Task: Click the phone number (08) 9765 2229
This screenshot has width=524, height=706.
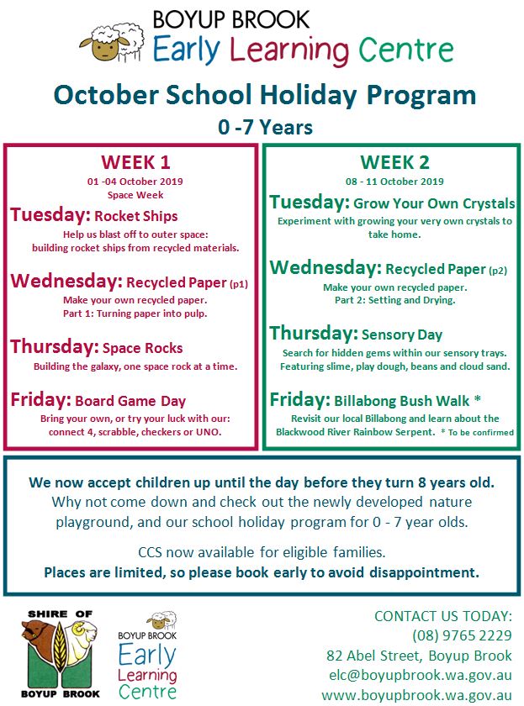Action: tap(462, 635)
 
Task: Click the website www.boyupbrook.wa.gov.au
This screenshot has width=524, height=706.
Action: tap(417, 694)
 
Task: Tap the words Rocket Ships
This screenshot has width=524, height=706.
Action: tap(135, 216)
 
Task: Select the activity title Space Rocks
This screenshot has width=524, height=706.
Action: tap(142, 348)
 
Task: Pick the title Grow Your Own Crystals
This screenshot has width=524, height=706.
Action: tap(435, 204)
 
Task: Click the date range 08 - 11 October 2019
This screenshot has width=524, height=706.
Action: tap(394, 181)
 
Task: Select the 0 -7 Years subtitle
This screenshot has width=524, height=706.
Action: tap(264, 128)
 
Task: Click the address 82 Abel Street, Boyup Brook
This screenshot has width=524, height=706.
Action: tap(419, 655)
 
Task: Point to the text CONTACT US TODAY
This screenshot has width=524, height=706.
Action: tap(442, 615)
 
